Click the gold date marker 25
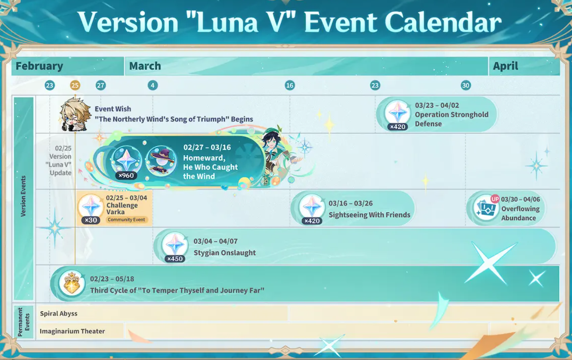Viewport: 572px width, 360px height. pyautogui.click(x=75, y=85)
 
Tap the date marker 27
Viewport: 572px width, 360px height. pyautogui.click(x=100, y=85)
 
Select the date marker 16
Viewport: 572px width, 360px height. pyautogui.click(x=290, y=85)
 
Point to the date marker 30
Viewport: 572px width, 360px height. pyautogui.click(x=465, y=85)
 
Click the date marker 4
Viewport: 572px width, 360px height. pyautogui.click(x=153, y=85)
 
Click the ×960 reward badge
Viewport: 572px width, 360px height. pyautogui.click(x=126, y=176)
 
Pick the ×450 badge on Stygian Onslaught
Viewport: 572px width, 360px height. pyautogui.click(x=175, y=259)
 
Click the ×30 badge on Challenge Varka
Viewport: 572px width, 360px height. pyautogui.click(x=90, y=220)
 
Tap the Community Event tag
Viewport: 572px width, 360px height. pyautogui.click(x=127, y=220)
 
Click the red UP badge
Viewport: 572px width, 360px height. pyautogui.click(x=495, y=199)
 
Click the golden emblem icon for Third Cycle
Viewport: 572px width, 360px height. pyautogui.click(x=72, y=283)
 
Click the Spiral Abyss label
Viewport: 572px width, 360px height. pyautogui.click(x=59, y=313)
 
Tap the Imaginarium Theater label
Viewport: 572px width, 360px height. pyautogui.click(x=72, y=331)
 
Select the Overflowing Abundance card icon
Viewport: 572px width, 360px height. pyautogui.click(x=486, y=208)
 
